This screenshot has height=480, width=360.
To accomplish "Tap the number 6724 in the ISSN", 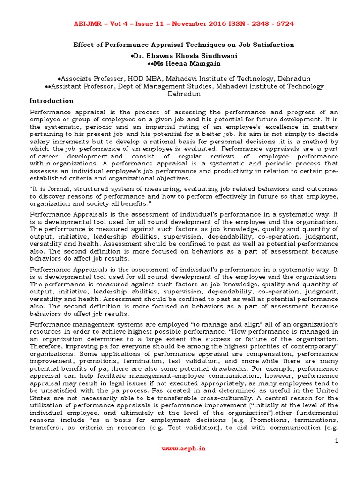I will pyautogui.click(x=284, y=23).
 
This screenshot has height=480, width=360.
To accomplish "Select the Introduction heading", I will pyautogui.click(x=52, y=101).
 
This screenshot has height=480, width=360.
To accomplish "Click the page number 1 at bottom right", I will pyautogui.click(x=336, y=441).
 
